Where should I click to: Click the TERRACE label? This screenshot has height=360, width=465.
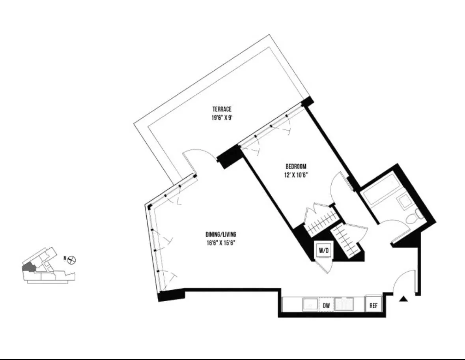point(221,109)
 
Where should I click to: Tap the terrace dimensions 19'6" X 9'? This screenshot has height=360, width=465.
point(221,117)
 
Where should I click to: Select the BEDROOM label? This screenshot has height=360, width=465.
point(296,167)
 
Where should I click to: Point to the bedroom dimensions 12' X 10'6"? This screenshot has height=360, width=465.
point(296,174)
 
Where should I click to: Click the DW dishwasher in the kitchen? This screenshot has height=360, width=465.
point(326,305)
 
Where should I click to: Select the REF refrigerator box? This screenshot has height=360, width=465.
point(373,305)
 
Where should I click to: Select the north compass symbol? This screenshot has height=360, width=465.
point(72,260)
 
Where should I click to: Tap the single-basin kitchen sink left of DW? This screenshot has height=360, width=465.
point(310,304)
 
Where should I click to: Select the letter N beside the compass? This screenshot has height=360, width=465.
point(65,259)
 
